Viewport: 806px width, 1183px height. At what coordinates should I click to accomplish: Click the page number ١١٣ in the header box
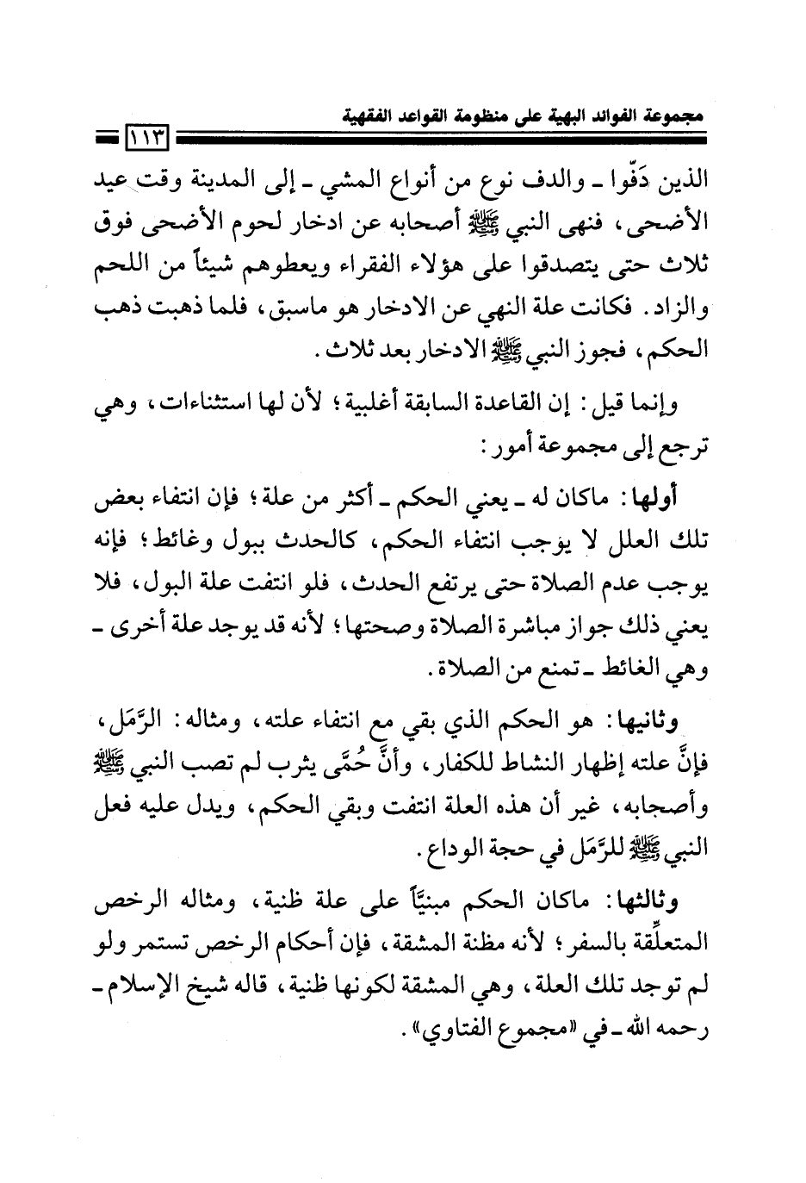(x=147, y=134)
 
